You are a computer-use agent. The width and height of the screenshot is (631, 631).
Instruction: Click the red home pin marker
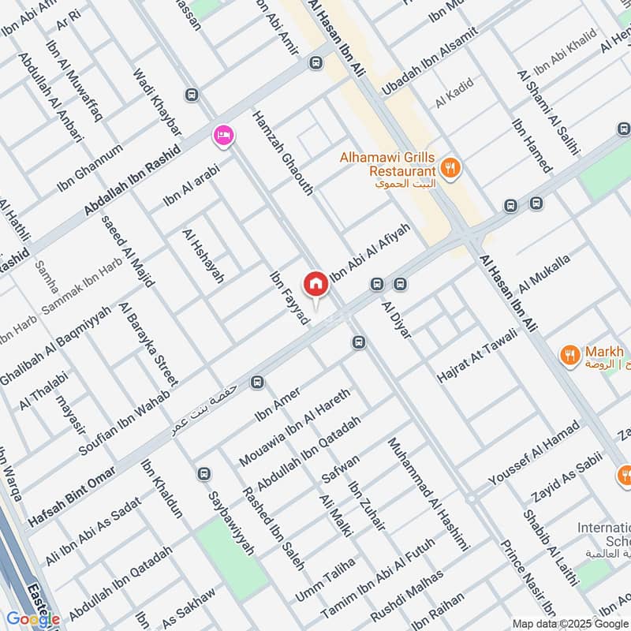315,284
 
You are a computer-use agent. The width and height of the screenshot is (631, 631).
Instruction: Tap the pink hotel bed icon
223,136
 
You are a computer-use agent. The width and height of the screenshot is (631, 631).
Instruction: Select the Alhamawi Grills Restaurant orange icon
451,166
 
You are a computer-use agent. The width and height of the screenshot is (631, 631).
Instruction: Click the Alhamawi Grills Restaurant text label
387,164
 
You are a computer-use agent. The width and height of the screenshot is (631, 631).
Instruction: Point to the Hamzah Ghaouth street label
283,153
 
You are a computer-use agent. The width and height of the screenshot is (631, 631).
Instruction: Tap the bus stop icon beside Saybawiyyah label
205,475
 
